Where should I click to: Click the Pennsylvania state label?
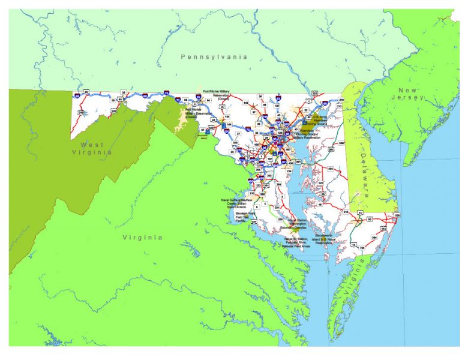click(214, 56)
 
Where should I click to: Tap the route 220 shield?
click(113, 110)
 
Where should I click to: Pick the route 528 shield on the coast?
click(396, 215)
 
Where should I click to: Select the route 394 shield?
click(375, 239)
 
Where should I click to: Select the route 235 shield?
click(281, 220)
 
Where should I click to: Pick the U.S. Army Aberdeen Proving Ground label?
click(320, 118)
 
